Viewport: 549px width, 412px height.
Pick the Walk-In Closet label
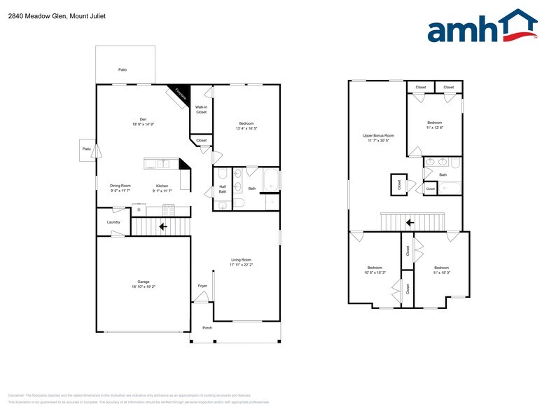(x=201, y=110)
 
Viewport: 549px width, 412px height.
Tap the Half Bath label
(x=222, y=189)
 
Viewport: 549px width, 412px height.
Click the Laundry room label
(x=113, y=222)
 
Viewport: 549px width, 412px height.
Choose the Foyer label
(x=202, y=286)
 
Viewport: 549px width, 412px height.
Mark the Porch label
(x=207, y=327)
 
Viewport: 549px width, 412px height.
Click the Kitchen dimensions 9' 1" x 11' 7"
(x=162, y=191)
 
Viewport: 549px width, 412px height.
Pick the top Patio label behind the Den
(x=123, y=70)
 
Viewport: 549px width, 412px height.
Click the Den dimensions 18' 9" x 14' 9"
(x=143, y=124)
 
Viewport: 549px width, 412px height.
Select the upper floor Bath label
(x=443, y=174)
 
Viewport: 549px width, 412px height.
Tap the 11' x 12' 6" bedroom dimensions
(x=434, y=128)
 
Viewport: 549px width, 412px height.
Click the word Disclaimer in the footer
(x=16, y=395)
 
